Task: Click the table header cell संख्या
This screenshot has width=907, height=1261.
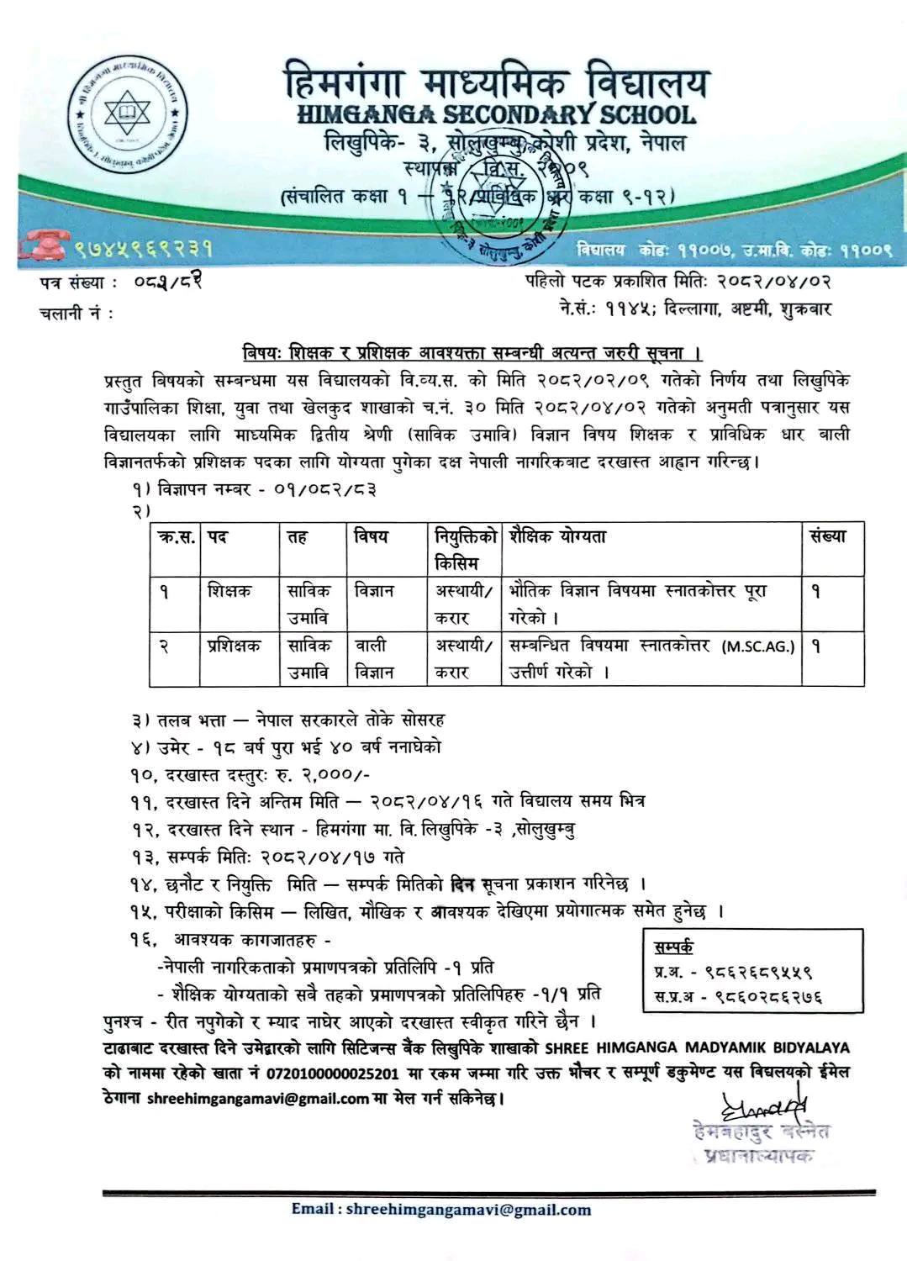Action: (828, 536)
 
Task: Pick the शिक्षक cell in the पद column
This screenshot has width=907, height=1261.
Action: (229, 591)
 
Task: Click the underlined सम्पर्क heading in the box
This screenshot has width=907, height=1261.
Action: (673, 947)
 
